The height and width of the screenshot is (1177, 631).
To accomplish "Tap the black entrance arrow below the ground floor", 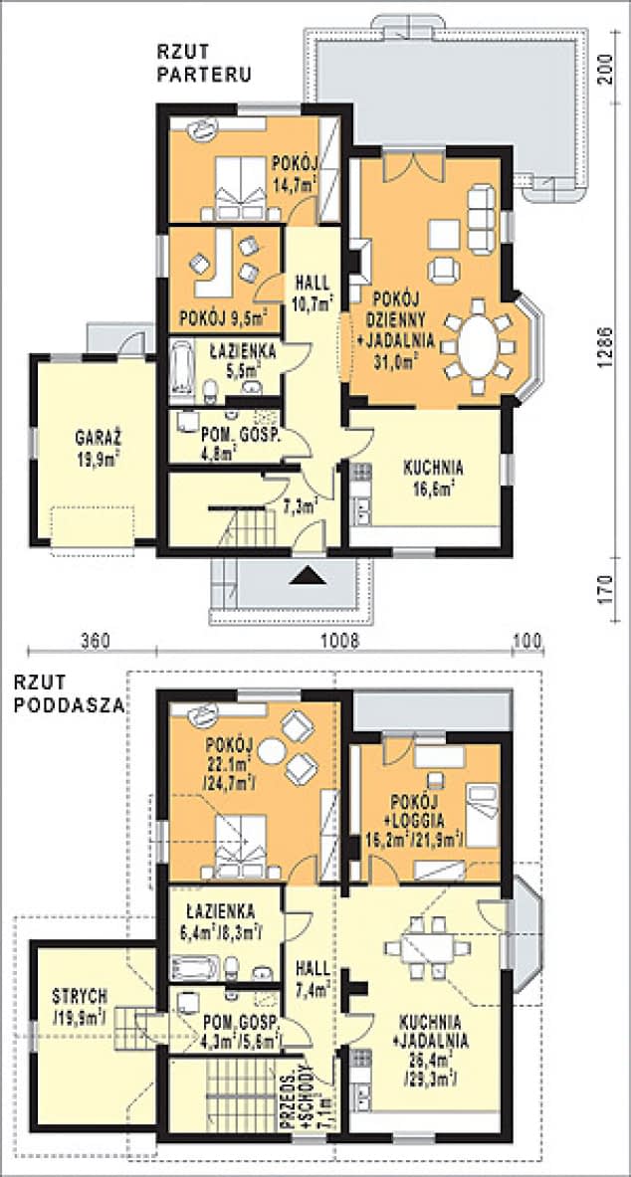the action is pos(310,575).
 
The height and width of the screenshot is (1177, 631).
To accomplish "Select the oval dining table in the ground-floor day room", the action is pos(478,347).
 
